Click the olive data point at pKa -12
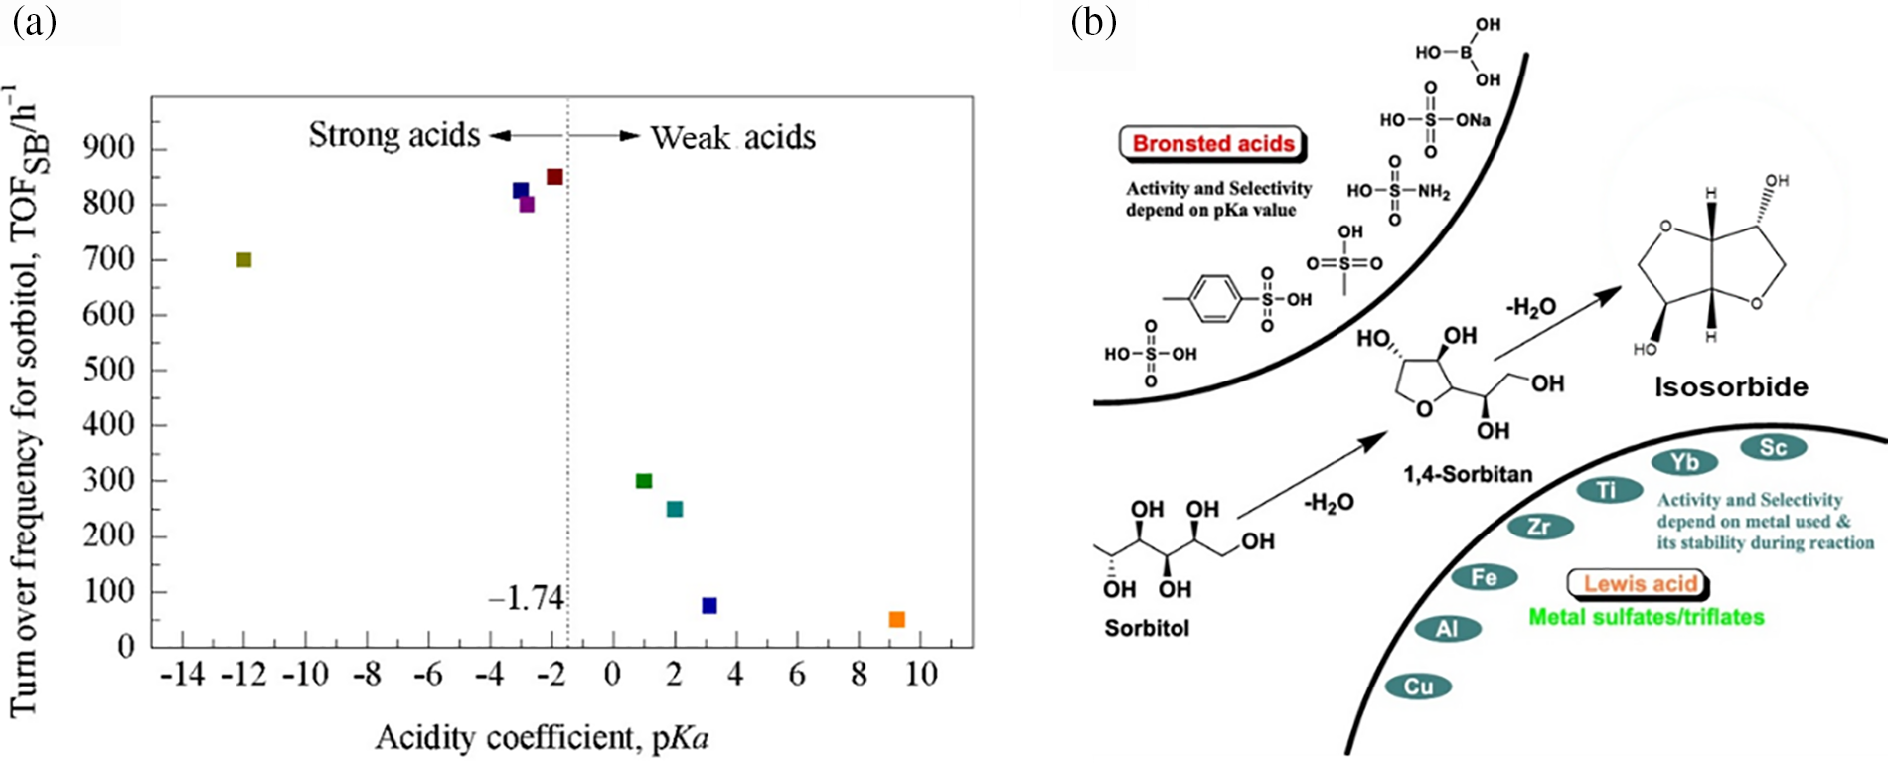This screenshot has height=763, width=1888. click(243, 260)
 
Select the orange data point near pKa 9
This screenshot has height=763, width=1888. click(896, 619)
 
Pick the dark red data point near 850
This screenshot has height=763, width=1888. click(554, 177)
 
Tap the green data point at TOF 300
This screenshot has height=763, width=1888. click(644, 481)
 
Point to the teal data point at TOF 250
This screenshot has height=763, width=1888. click(675, 509)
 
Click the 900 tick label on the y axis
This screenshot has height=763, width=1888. click(108, 149)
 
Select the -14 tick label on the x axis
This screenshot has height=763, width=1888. click(182, 676)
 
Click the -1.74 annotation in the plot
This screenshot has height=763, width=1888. click(526, 598)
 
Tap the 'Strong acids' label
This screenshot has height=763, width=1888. click(393, 134)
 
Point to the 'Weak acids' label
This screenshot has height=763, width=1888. click(733, 137)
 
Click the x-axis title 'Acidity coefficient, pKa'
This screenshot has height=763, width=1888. click(542, 738)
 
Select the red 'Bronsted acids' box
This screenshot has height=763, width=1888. click(1213, 143)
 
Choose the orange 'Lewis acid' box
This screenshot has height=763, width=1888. click(1640, 583)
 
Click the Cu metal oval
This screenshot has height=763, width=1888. click(1418, 687)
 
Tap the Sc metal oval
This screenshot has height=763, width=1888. click(1773, 447)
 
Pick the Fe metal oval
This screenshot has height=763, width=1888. click(1484, 577)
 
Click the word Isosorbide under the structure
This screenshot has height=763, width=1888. click(1731, 387)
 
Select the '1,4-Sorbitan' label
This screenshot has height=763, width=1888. click(1468, 474)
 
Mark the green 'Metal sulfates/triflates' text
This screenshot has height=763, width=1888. click(1647, 617)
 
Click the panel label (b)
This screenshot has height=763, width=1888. click(1094, 22)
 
